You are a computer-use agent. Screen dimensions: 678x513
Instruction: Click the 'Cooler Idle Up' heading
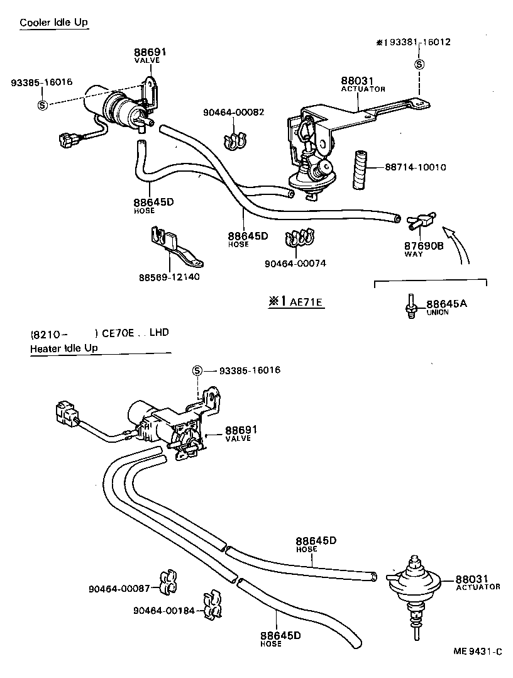[54, 23]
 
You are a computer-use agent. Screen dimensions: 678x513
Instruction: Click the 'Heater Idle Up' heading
[64, 348]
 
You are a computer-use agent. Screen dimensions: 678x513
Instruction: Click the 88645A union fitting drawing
[409, 305]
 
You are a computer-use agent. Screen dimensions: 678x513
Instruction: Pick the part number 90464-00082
[233, 112]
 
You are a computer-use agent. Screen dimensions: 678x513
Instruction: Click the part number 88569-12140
[169, 277]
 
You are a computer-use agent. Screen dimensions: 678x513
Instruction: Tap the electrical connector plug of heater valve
[65, 414]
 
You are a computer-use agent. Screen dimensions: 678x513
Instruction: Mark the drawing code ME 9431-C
[477, 652]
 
